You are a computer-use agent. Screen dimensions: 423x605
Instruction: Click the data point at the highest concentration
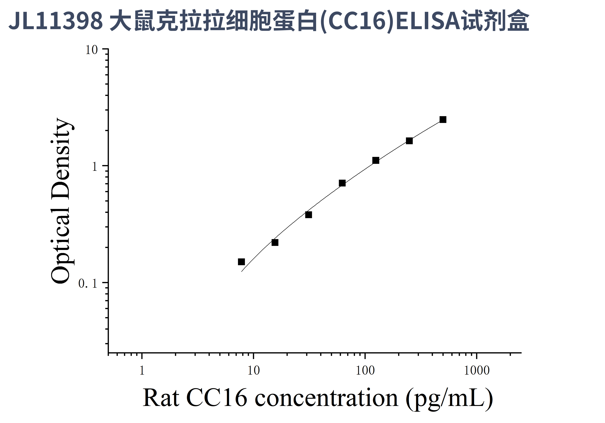tap(443, 120)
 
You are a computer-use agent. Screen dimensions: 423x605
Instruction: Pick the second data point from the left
tap(275, 242)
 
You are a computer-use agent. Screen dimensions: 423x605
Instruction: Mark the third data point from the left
tap(309, 215)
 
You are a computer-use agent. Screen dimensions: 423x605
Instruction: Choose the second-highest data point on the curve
tap(409, 141)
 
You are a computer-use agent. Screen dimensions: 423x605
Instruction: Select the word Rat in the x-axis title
tap(161, 398)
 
